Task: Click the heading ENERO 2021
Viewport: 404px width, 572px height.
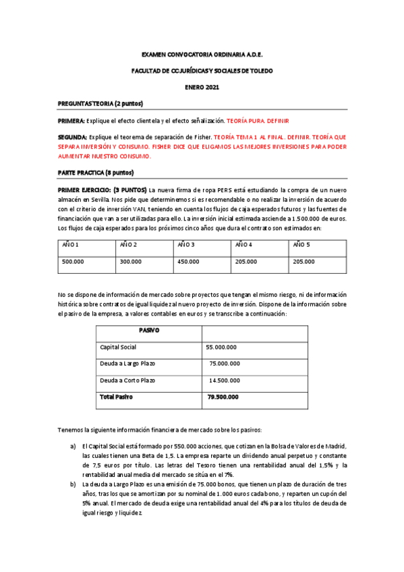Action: click(202, 87)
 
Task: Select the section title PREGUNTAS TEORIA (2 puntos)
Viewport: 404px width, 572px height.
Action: click(100, 103)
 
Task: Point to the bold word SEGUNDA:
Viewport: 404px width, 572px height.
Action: click(73, 138)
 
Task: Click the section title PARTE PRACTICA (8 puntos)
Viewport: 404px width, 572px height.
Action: click(96, 173)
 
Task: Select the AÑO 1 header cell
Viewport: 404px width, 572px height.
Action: click(71, 244)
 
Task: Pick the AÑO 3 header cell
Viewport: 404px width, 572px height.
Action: click(186, 244)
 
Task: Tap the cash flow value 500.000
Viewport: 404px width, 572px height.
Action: click(73, 261)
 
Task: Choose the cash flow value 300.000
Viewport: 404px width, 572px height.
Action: click(131, 261)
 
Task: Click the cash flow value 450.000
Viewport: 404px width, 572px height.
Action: click(188, 261)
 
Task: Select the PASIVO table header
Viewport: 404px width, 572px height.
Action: click(148, 331)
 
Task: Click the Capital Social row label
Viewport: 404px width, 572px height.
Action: click(118, 347)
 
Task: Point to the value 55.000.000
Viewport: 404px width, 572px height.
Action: click(221, 347)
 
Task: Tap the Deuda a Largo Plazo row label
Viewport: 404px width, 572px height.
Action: click(127, 364)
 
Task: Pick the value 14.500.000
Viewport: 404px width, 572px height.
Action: click(223, 380)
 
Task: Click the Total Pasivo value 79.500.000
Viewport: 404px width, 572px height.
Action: click(223, 397)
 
